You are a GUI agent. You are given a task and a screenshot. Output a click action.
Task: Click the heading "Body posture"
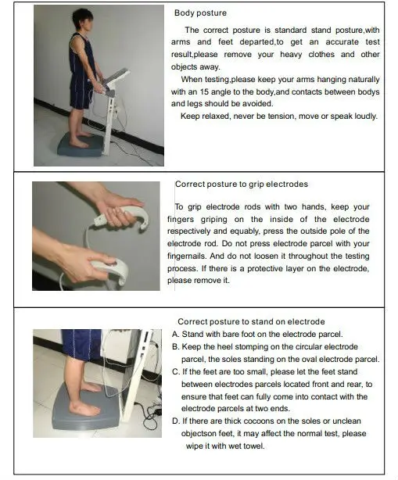click(200, 13)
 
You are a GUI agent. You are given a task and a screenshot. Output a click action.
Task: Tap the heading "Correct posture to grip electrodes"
click(242, 184)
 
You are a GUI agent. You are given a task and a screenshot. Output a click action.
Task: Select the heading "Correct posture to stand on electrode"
click(251, 322)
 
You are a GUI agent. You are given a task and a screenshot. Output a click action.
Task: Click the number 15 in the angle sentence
click(204, 91)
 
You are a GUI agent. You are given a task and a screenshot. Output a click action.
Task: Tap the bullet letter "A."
click(176, 334)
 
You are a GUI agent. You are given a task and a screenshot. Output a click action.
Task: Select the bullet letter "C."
click(176, 371)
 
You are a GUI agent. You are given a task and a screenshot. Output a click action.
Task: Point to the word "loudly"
click(366, 116)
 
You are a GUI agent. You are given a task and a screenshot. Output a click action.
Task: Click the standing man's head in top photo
click(84, 20)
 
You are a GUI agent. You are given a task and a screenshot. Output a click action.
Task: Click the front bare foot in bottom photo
click(84, 408)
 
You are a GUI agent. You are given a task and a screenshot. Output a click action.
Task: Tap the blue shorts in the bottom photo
click(81, 345)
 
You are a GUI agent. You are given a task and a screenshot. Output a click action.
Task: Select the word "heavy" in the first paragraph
click(291, 55)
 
